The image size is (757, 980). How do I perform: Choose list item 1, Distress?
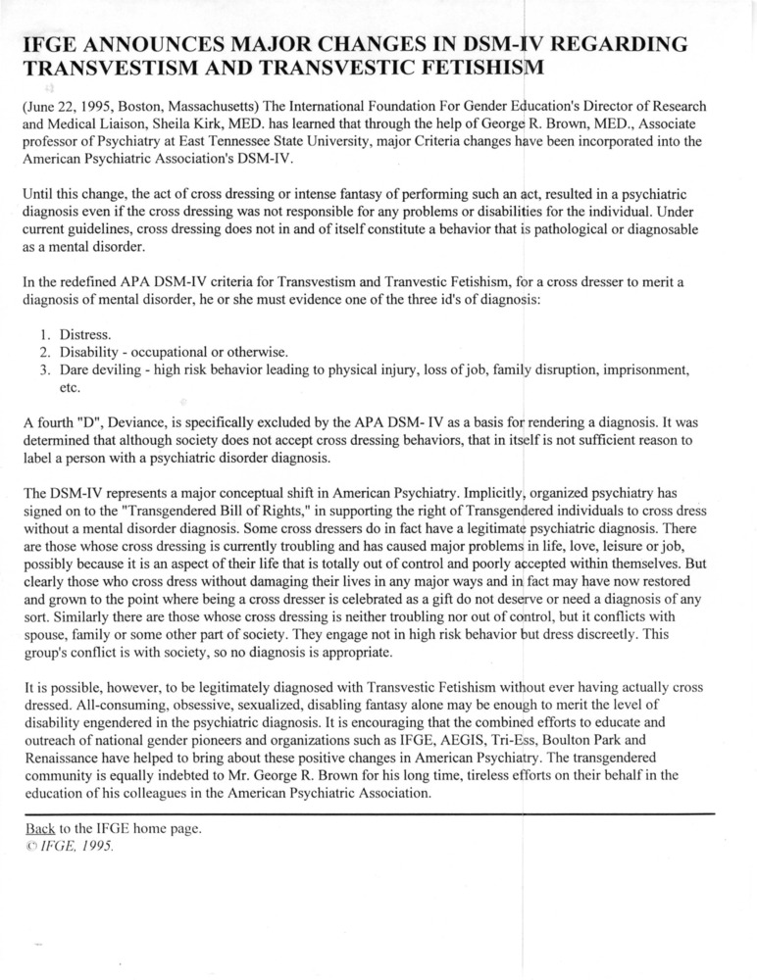point(85,335)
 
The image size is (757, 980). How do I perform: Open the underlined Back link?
point(40,829)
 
